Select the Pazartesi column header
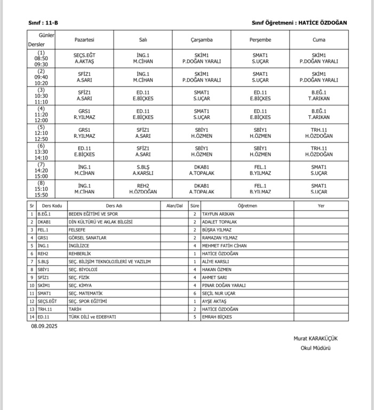85,40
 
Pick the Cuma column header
319,40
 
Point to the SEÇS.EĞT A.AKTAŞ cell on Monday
85,58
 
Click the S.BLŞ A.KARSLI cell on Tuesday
143,170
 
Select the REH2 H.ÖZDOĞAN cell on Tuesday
143,188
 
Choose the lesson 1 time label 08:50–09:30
41,58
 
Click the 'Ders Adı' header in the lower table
114,206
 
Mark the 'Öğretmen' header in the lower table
247,206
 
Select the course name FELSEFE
78,230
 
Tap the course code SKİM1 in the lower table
44,286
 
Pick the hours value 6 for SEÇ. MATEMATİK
195,293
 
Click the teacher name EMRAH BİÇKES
218,317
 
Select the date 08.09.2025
44,326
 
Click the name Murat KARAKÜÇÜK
315,338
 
